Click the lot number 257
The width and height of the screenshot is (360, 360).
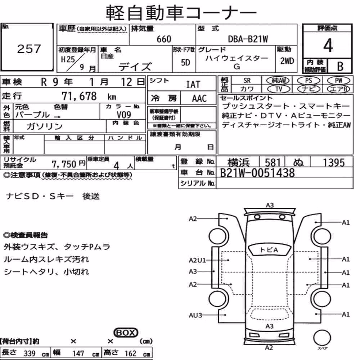[x=29, y=49]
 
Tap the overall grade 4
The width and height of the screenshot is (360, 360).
[x=328, y=45]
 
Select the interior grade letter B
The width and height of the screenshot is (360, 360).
[x=340, y=66]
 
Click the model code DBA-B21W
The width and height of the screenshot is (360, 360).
[x=248, y=39]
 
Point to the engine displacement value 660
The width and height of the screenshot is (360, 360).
[x=164, y=39]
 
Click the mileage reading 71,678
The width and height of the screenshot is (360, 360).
[x=79, y=96]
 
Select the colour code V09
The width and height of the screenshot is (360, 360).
[x=124, y=114]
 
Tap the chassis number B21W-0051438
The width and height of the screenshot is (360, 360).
[x=257, y=173]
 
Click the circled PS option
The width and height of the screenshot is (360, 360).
[x=309, y=81]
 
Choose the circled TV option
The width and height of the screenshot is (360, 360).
[x=279, y=89]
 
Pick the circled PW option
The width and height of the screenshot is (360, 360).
[x=338, y=81]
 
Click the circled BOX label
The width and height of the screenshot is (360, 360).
[x=126, y=332]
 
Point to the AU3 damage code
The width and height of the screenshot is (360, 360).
[x=195, y=315]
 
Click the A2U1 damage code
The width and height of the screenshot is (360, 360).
[x=197, y=260]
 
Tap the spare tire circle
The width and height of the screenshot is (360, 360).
[x=322, y=338]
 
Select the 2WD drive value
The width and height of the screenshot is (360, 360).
[x=287, y=61]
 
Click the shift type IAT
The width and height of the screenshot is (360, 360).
[x=193, y=85]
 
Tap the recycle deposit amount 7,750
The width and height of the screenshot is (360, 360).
[x=64, y=164]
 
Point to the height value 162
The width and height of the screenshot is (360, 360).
[x=130, y=354]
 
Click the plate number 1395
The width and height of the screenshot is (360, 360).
[x=334, y=163]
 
